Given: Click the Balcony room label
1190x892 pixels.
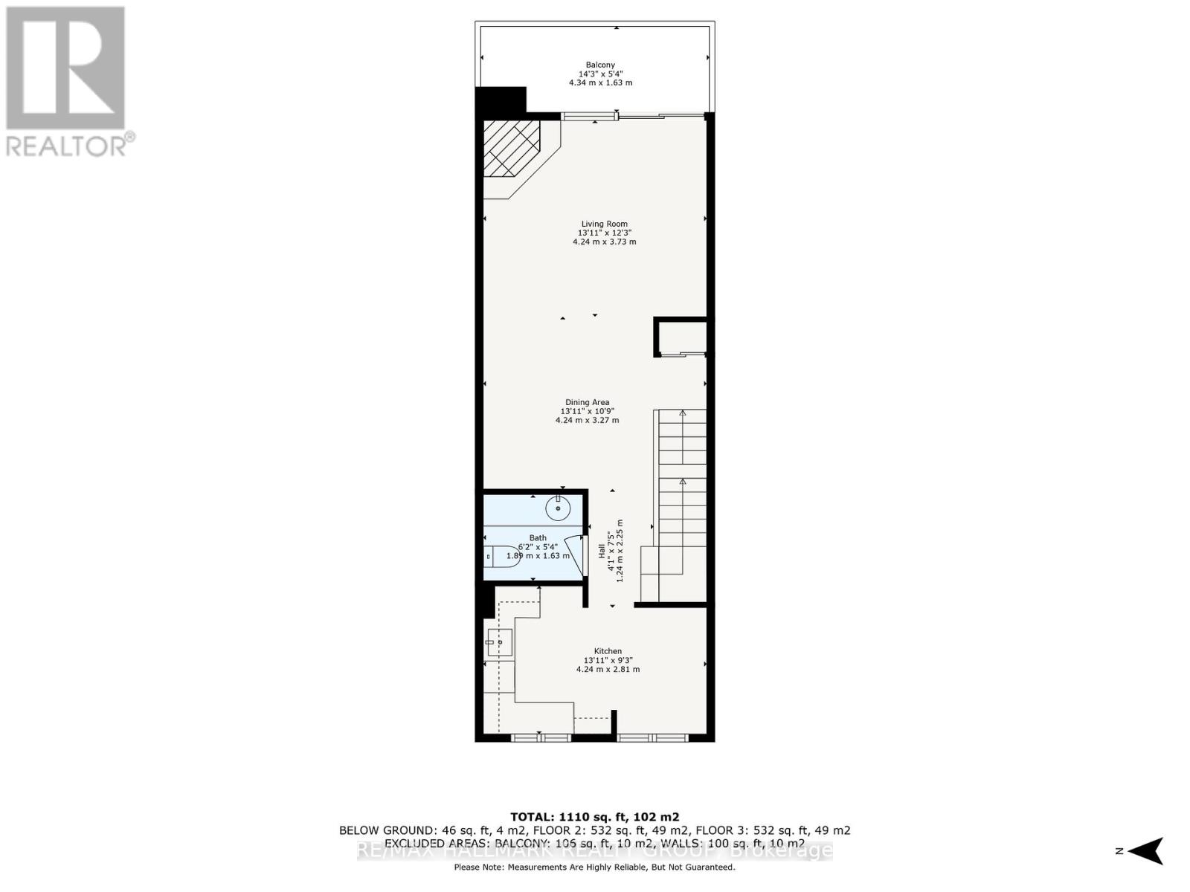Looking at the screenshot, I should pyautogui.click(x=600, y=65).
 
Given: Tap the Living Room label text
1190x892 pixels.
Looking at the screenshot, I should pyautogui.click(x=604, y=224).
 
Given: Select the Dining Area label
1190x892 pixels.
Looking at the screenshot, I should pyautogui.click(x=587, y=402).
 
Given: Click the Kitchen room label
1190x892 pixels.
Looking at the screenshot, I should pyautogui.click(x=608, y=651).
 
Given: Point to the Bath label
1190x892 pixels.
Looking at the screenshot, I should pyautogui.click(x=537, y=538).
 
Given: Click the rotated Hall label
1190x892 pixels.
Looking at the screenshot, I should pyautogui.click(x=602, y=550).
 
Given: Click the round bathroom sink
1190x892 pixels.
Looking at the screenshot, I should pyautogui.click(x=558, y=510).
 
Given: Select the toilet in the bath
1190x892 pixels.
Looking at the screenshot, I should pyautogui.click(x=498, y=557).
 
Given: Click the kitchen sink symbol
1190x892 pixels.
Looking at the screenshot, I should pyautogui.click(x=499, y=641).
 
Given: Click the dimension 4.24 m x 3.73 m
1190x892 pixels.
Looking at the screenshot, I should pyautogui.click(x=604, y=242).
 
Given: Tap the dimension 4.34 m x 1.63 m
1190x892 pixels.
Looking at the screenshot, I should pyautogui.click(x=600, y=83).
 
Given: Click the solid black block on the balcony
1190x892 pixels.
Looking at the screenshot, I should pyautogui.click(x=501, y=100).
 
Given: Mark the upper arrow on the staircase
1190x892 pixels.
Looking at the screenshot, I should pyautogui.click(x=682, y=414).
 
